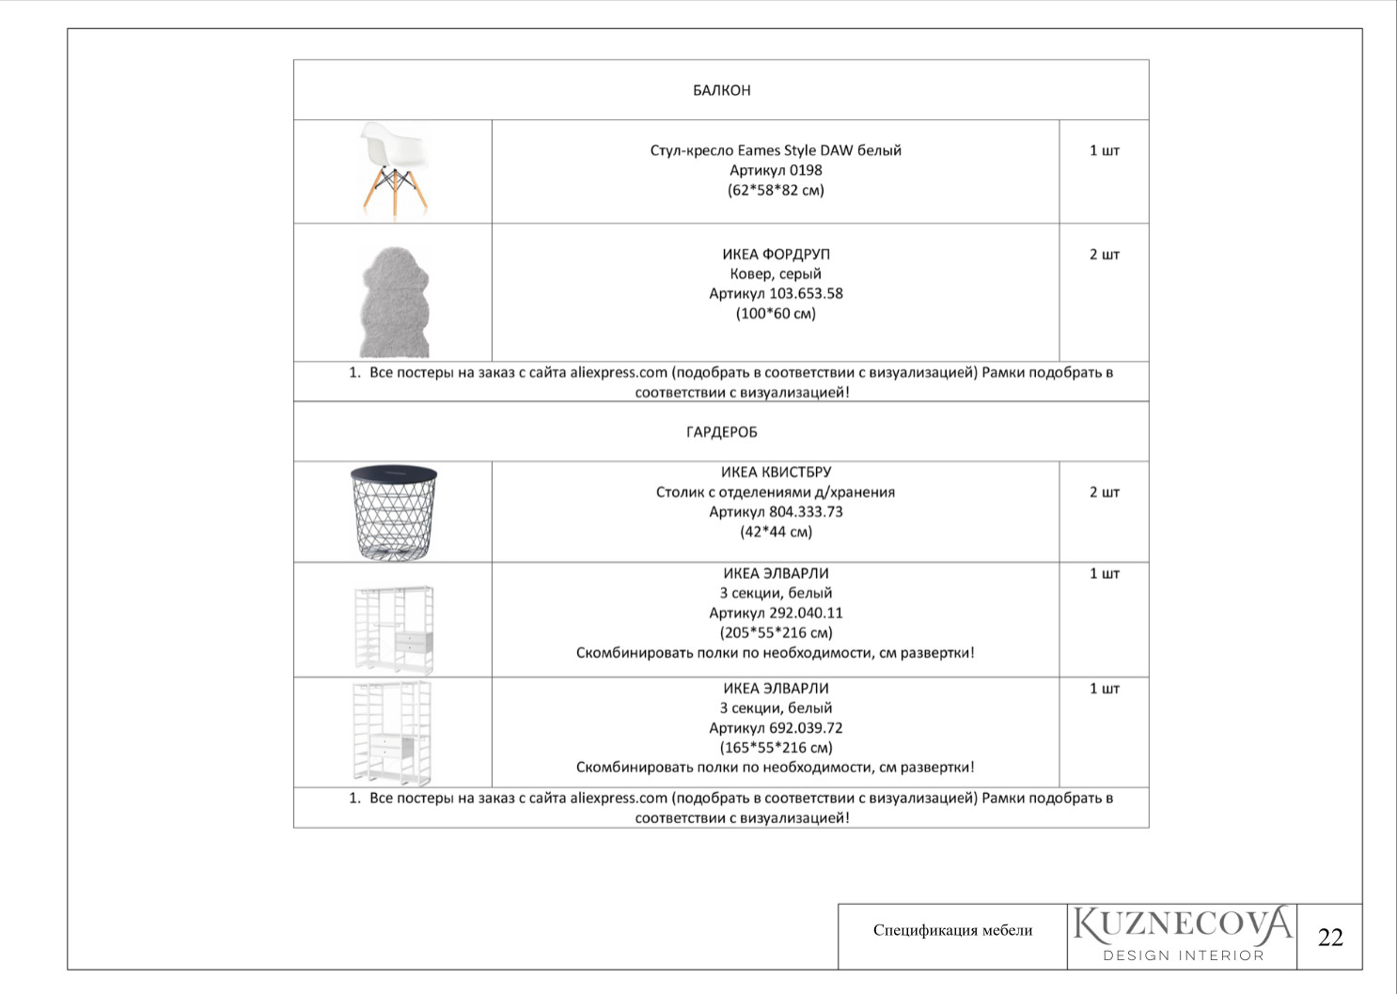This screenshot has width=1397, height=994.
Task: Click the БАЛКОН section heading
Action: tap(721, 90)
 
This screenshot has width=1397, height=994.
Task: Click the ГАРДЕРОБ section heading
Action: tap(721, 432)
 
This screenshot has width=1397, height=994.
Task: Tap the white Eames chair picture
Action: tap(394, 169)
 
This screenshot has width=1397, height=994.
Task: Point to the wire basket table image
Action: tap(394, 512)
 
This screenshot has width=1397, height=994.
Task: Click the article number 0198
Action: tap(806, 170)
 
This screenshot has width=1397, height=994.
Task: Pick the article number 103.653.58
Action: tap(806, 293)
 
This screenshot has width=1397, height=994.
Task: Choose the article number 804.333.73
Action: tap(806, 512)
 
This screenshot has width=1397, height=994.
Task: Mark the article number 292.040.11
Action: tap(806, 613)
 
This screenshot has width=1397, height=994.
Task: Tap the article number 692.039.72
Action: tap(806, 728)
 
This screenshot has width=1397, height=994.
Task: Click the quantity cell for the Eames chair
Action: tap(1104, 150)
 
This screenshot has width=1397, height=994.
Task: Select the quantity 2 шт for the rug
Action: tap(1104, 255)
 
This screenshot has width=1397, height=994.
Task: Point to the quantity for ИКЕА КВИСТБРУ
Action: tap(1104, 492)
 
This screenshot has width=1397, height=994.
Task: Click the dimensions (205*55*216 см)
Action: tap(776, 632)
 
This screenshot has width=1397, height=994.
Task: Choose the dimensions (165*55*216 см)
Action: tap(776, 748)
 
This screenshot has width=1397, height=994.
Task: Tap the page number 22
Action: tap(1330, 937)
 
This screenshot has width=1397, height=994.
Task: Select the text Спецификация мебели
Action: tap(952, 930)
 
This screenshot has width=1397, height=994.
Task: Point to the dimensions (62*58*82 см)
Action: tap(776, 190)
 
